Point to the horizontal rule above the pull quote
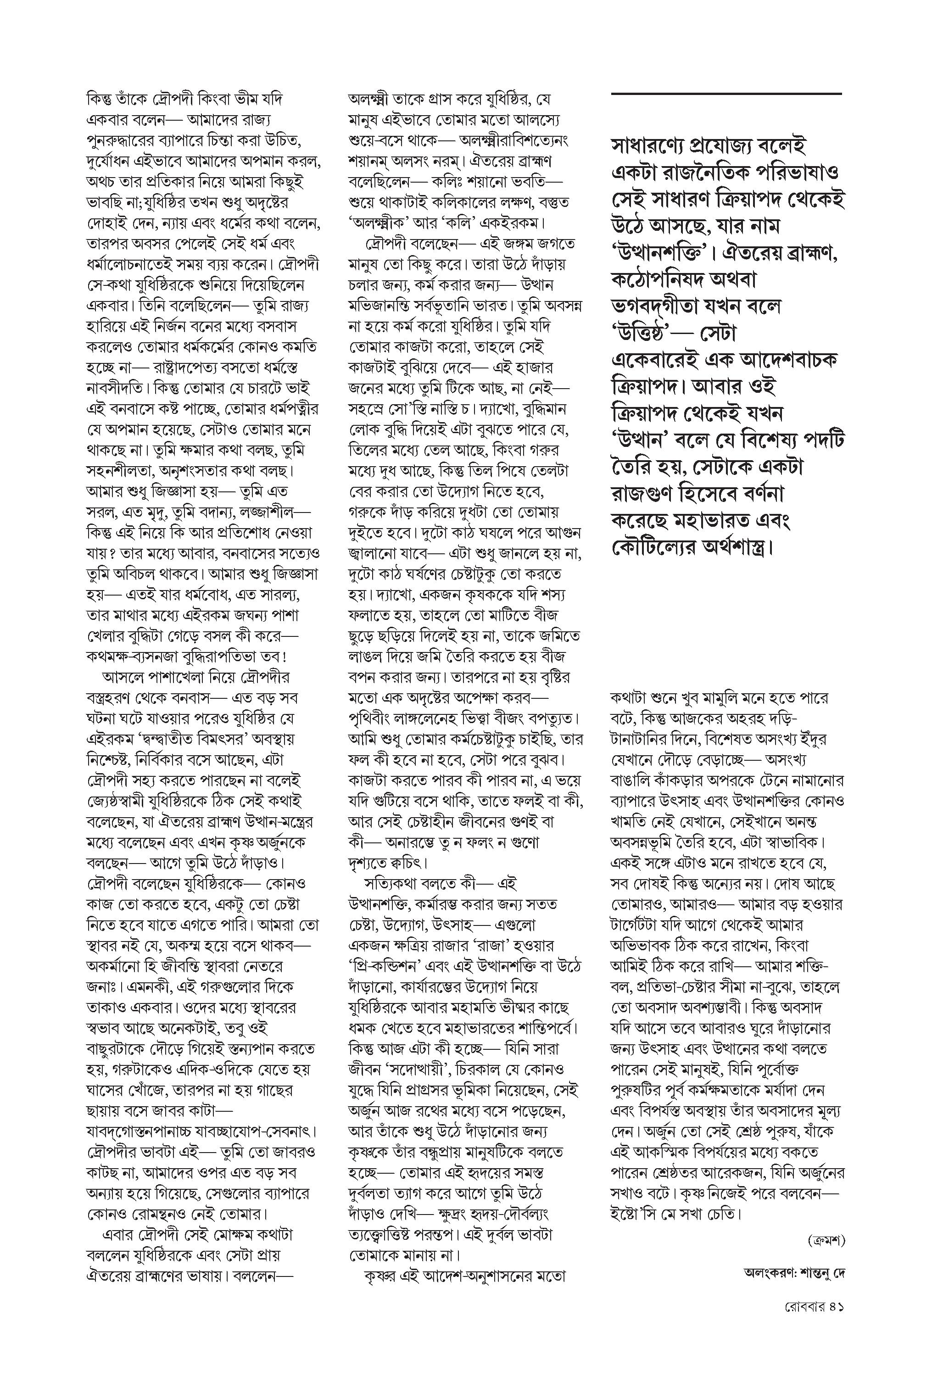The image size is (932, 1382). (x=726, y=94)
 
